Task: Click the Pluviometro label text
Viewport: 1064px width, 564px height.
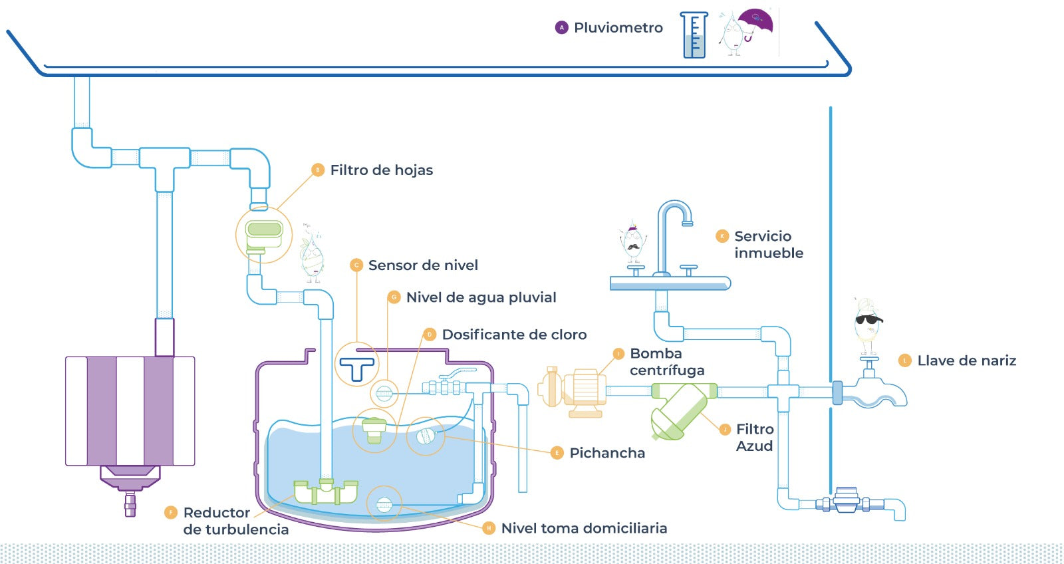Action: pos(618,28)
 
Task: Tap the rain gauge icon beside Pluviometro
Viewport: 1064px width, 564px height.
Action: pos(694,35)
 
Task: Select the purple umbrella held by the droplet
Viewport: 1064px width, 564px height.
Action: pos(756,21)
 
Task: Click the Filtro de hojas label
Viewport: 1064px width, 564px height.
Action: pos(381,170)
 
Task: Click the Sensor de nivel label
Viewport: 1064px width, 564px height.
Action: pos(423,265)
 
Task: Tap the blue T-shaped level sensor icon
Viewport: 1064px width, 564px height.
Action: pos(357,368)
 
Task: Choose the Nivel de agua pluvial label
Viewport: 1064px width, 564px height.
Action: pos(481,297)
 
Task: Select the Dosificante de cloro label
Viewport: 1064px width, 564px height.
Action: pos(514,335)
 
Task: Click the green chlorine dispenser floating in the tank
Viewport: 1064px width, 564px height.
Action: pos(374,429)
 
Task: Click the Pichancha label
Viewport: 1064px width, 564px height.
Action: pos(606,453)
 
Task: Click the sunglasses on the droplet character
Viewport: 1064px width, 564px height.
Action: pos(868,319)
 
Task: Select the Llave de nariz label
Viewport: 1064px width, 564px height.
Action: pos(966,360)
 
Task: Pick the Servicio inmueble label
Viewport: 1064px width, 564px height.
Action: pos(768,245)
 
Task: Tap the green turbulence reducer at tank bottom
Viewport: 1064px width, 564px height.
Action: pos(326,492)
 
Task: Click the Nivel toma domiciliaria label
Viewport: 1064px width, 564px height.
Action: pos(584,528)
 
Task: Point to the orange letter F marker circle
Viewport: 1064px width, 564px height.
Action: pos(171,512)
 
